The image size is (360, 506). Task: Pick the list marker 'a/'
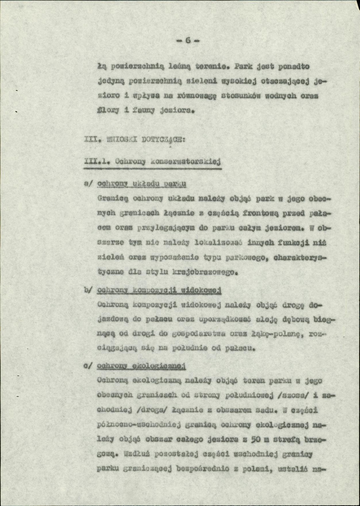point(89,185)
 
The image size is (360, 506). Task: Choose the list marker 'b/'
point(89,290)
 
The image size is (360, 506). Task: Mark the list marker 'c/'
point(89,366)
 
